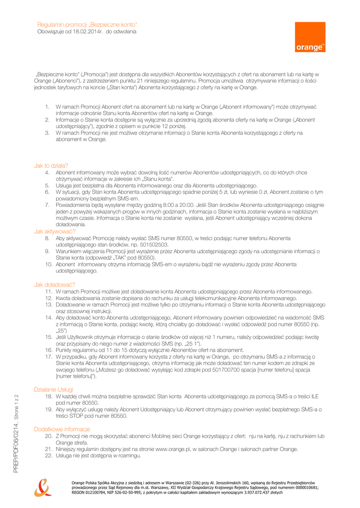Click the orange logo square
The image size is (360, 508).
point(310,37)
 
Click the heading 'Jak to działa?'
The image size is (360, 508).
point(51,166)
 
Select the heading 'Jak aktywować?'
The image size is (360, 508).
point(55,231)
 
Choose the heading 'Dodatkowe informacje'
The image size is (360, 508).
point(62,429)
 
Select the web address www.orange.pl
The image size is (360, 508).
point(172,449)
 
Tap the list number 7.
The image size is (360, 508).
point(47,205)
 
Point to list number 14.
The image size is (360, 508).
point(49,317)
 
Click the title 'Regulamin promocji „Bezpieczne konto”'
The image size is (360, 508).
point(87,24)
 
